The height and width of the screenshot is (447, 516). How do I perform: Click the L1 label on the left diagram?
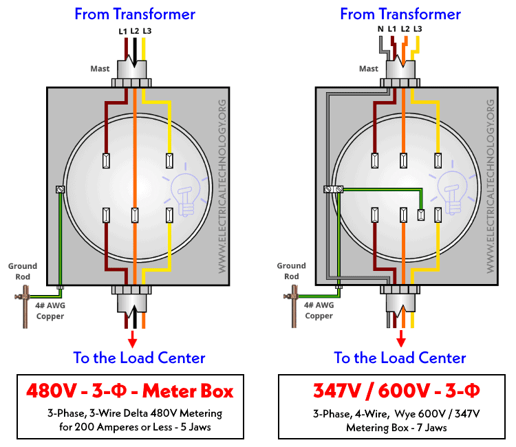[122, 31]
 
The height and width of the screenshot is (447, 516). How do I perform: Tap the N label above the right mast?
[380, 29]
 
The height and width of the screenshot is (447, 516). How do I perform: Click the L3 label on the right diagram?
[418, 29]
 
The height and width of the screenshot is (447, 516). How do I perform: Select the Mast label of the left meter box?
[100, 69]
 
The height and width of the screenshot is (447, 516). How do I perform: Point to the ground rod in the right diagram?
[294, 306]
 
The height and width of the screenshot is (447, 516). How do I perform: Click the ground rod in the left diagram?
[25, 307]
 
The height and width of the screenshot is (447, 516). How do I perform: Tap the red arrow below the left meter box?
[132, 339]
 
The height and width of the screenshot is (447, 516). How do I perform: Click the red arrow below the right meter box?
[401, 338]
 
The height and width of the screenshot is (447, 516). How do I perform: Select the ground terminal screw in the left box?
[61, 189]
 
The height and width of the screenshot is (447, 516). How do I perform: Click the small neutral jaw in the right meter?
[421, 215]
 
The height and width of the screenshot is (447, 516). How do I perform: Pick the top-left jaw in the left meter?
[106, 161]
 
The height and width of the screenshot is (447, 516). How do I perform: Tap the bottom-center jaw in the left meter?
[135, 215]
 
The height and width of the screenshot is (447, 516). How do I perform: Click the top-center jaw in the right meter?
[403, 161]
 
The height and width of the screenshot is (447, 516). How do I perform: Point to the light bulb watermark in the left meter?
[185, 190]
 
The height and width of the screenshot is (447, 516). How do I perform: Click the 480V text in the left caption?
[52, 391]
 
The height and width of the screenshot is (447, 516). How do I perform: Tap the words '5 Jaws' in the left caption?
[196, 427]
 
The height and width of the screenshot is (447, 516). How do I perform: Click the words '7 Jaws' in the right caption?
[431, 428]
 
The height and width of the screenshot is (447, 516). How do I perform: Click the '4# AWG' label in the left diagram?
[50, 305]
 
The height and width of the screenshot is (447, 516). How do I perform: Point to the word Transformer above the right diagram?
[420, 14]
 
